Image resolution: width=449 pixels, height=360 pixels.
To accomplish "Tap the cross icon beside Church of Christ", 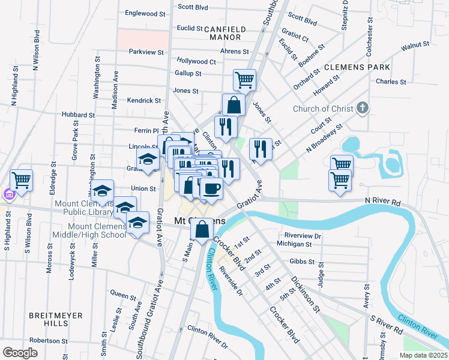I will point(361,109).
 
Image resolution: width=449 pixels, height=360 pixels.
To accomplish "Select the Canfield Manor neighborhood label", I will point(225,32).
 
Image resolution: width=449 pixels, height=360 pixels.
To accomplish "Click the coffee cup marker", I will point(210,188).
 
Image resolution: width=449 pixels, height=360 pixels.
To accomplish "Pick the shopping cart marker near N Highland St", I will point(21,179).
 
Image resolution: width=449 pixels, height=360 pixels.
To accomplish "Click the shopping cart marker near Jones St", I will point(244,79).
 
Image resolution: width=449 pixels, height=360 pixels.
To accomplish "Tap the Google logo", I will point(20,353).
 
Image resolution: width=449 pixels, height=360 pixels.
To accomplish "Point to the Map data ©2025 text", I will point(423,355).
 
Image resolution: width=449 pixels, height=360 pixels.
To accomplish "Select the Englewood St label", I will point(145,13).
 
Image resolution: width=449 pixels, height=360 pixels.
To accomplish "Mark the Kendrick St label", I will point(144,101).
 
